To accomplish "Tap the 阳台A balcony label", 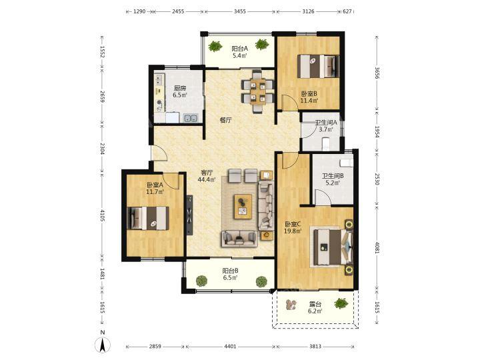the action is click(239, 49).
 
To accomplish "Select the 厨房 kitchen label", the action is click(180, 88).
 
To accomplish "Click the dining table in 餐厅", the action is click(257, 92).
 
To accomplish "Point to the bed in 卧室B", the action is click(319, 66).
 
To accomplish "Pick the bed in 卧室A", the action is click(148, 218).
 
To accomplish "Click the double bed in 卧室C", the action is click(332, 247).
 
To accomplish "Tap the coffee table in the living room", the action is click(243, 207).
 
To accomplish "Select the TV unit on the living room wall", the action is click(190, 215).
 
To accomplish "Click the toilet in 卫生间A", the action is click(325, 144).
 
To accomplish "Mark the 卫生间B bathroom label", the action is click(333, 176).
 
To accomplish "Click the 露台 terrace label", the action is click(315, 304).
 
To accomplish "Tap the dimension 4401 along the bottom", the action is click(230, 347).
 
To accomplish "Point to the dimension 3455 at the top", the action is click(240, 11).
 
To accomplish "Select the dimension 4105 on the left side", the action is click(102, 215).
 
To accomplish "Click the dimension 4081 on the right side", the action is click(377, 247).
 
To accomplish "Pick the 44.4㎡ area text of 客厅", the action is click(206, 180).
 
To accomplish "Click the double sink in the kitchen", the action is click(191, 118).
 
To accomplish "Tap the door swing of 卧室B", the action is click(289, 102).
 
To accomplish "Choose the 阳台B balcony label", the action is click(230, 271).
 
